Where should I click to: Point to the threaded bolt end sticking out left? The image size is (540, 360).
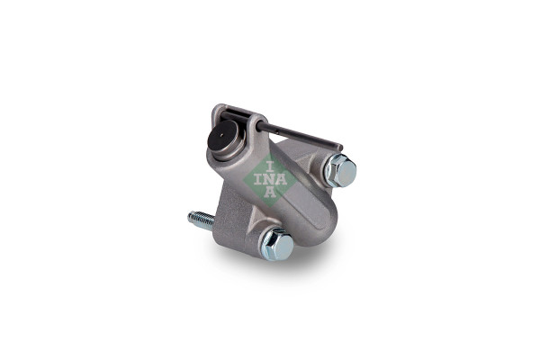click(201, 220)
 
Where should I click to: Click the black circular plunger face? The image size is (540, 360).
click(222, 137)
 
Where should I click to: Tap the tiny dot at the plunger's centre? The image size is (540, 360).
click(222, 135)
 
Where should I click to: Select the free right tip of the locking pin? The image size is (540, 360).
click(340, 148)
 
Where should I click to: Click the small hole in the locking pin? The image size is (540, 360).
click(279, 130)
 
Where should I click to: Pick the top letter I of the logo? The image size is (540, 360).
click(270, 167)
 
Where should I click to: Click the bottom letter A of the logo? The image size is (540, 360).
click(270, 193)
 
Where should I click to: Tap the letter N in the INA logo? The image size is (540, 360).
click(270, 180)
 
